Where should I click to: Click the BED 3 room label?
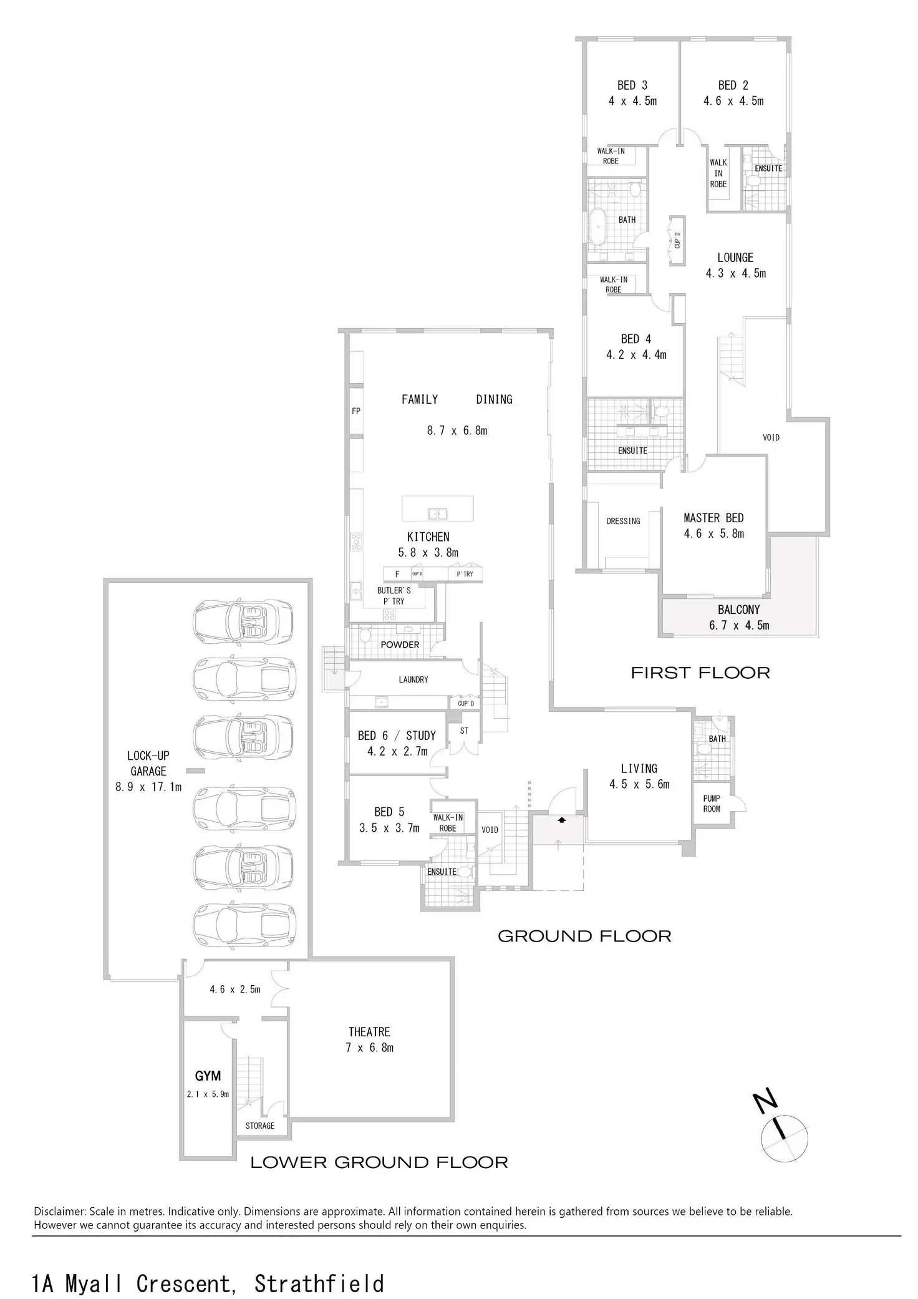632,85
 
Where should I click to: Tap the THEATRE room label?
369,1032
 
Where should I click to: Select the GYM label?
208,1076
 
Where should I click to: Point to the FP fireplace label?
356,411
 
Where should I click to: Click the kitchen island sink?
437,513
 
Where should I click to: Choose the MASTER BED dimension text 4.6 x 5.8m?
713,533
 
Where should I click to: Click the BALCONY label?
738,610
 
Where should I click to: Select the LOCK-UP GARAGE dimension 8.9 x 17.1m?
148,787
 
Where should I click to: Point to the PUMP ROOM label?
712,804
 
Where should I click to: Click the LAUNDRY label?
413,679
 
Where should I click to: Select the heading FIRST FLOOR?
700,673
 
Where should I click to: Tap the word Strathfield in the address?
319,1279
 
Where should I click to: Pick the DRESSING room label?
623,521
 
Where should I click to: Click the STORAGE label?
260,1126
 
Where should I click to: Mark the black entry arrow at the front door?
562,820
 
